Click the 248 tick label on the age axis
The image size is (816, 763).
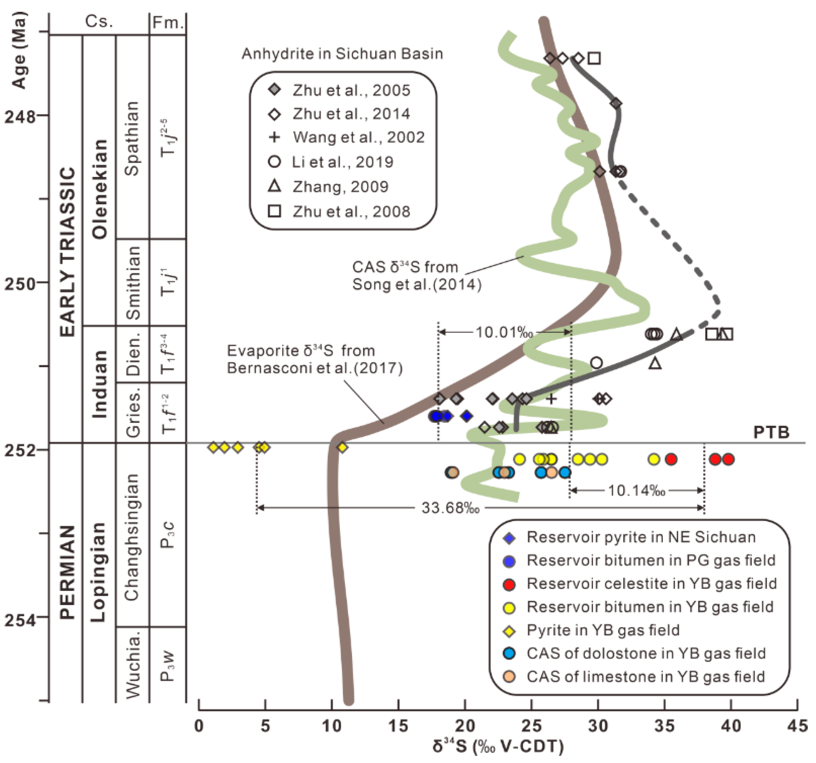click(x=20, y=117)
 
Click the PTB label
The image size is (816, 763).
click(x=771, y=432)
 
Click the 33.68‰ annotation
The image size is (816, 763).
click(x=450, y=508)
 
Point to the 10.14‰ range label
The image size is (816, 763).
click(x=636, y=490)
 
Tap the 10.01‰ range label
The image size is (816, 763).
click(x=504, y=332)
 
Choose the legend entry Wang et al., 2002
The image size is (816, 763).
click(x=358, y=137)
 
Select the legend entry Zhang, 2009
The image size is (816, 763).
click(x=340, y=187)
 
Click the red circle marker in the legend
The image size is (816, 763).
click(x=509, y=584)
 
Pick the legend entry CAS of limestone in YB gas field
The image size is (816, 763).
click(x=646, y=676)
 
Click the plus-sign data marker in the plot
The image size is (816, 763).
click(x=551, y=398)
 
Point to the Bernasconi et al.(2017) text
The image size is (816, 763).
click(x=315, y=368)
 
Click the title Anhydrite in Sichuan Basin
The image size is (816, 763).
click(x=342, y=54)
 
